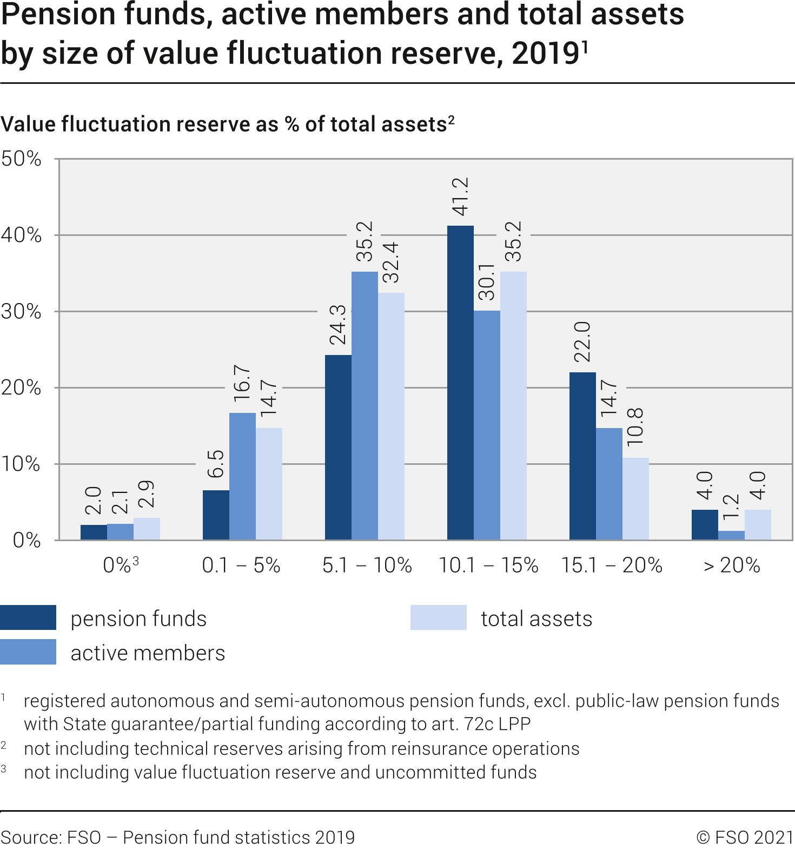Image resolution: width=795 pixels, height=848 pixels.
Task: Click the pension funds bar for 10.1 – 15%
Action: click(460, 383)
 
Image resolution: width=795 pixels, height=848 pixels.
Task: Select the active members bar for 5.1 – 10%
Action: click(365, 405)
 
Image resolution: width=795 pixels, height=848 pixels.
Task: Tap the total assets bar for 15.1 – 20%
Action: click(635, 498)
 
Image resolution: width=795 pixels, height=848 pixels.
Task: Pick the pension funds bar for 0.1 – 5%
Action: click(216, 515)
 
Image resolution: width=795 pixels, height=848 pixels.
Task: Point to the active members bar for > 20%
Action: click(731, 535)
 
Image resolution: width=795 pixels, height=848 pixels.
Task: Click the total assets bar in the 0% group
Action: click(147, 529)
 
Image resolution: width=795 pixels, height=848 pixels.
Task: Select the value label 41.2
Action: click(460, 196)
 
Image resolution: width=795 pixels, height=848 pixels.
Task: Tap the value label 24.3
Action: click(338, 325)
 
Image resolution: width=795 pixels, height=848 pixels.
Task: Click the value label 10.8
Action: click(635, 427)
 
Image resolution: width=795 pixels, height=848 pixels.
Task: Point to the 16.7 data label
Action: click(242, 383)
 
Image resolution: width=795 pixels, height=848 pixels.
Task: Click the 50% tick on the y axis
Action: click(21, 159)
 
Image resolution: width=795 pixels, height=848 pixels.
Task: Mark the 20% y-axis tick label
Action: click(21, 387)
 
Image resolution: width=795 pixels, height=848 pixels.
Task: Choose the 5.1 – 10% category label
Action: click(367, 566)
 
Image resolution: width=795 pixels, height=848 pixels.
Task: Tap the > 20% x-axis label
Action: click(732, 566)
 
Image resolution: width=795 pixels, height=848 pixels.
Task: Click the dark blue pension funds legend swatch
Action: click(28, 617)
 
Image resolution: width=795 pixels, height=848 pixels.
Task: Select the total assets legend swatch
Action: click(438, 617)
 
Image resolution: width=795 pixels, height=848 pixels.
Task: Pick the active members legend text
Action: click(148, 653)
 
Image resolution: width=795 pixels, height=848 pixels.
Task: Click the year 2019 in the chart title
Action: click(545, 54)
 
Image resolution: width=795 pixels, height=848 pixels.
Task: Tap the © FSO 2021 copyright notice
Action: click(745, 837)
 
